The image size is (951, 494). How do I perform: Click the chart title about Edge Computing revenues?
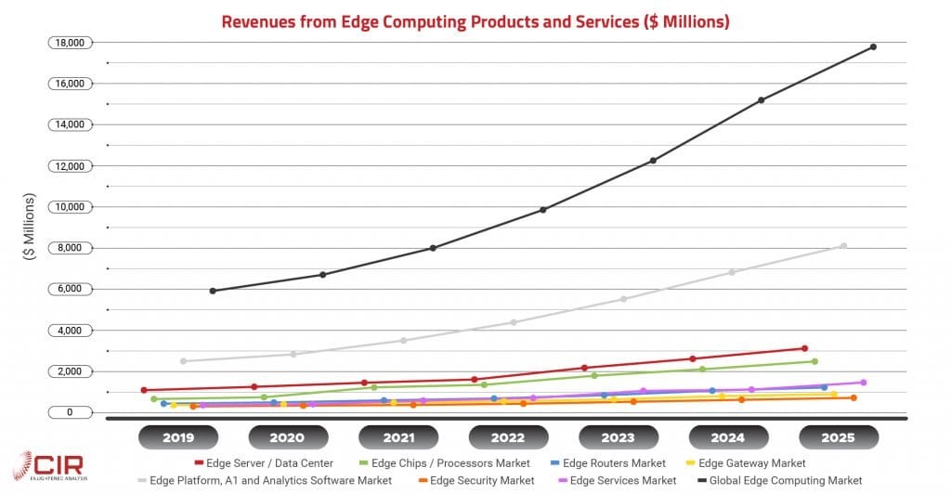(x=475, y=21)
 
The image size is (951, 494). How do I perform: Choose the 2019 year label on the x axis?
(x=177, y=437)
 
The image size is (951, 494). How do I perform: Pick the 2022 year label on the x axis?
(x=508, y=437)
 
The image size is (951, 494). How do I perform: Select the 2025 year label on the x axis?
(x=839, y=437)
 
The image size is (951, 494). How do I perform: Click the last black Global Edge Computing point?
(x=873, y=46)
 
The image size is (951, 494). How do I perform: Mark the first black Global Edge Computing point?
(x=213, y=291)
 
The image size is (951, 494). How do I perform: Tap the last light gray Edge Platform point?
(x=843, y=246)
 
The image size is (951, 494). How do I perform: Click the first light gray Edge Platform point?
(x=183, y=360)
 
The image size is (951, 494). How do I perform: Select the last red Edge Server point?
(x=804, y=348)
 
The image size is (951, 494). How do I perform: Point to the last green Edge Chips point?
(x=814, y=361)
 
